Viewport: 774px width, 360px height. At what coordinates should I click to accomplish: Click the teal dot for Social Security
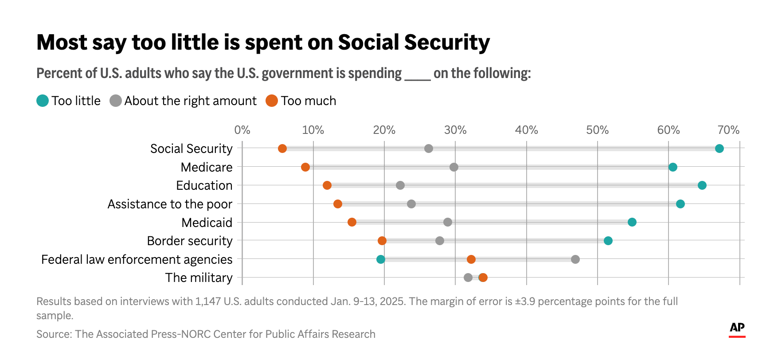719,149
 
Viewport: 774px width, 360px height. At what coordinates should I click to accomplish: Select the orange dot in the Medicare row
305,167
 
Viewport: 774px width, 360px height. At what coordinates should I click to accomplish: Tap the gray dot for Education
400,185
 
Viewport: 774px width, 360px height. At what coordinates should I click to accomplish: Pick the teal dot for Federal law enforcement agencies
381,259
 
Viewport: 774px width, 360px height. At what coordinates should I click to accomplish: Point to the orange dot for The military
483,278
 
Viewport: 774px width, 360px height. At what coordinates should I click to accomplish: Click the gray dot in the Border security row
440,241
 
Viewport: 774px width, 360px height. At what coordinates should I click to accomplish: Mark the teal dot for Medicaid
632,222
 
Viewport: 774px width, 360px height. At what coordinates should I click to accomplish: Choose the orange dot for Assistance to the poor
338,204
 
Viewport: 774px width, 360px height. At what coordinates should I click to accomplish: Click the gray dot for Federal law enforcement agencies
575,259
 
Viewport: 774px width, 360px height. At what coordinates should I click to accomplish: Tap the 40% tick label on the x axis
526,130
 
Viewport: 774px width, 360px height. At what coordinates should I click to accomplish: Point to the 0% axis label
242,130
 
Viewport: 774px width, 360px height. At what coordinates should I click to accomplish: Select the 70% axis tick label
728,130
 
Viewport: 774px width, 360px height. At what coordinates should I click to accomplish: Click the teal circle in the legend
43,101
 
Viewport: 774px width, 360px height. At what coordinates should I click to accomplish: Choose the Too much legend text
308,101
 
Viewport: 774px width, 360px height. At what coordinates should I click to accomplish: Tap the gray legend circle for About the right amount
116,101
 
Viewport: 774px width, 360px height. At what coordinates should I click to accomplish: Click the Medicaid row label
207,223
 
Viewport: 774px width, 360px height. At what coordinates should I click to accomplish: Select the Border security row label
190,241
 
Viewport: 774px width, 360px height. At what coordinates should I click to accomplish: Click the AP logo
737,329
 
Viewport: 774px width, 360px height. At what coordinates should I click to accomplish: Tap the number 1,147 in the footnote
208,301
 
